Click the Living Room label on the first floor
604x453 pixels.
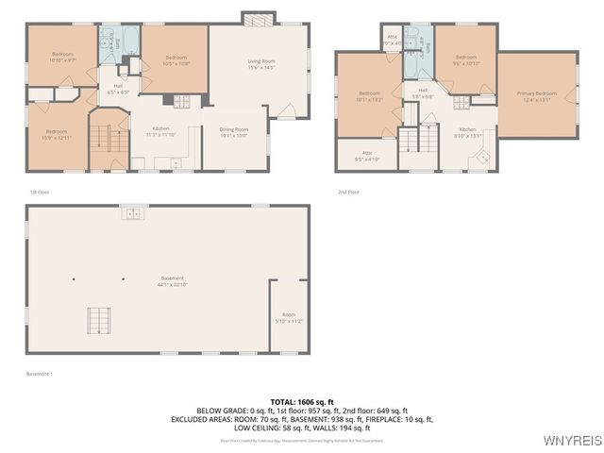[x=260, y=63]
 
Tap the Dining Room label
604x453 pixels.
[x=233, y=131]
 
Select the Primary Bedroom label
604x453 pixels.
[x=536, y=94]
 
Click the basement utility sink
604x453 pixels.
[x=133, y=213]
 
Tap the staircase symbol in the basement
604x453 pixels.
[x=98, y=320]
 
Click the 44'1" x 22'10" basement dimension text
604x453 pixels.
[x=173, y=284]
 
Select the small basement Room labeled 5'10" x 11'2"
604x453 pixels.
[x=289, y=318]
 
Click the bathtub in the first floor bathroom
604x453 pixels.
[x=130, y=40]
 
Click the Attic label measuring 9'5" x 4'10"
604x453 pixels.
[x=367, y=156]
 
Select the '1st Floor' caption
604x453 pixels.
[x=40, y=192]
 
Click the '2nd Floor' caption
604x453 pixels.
[x=348, y=192]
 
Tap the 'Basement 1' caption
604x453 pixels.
[x=40, y=374]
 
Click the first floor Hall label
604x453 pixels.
[x=119, y=89]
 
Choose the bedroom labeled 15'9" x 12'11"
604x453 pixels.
[x=57, y=134]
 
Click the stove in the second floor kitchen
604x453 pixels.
[x=461, y=102]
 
